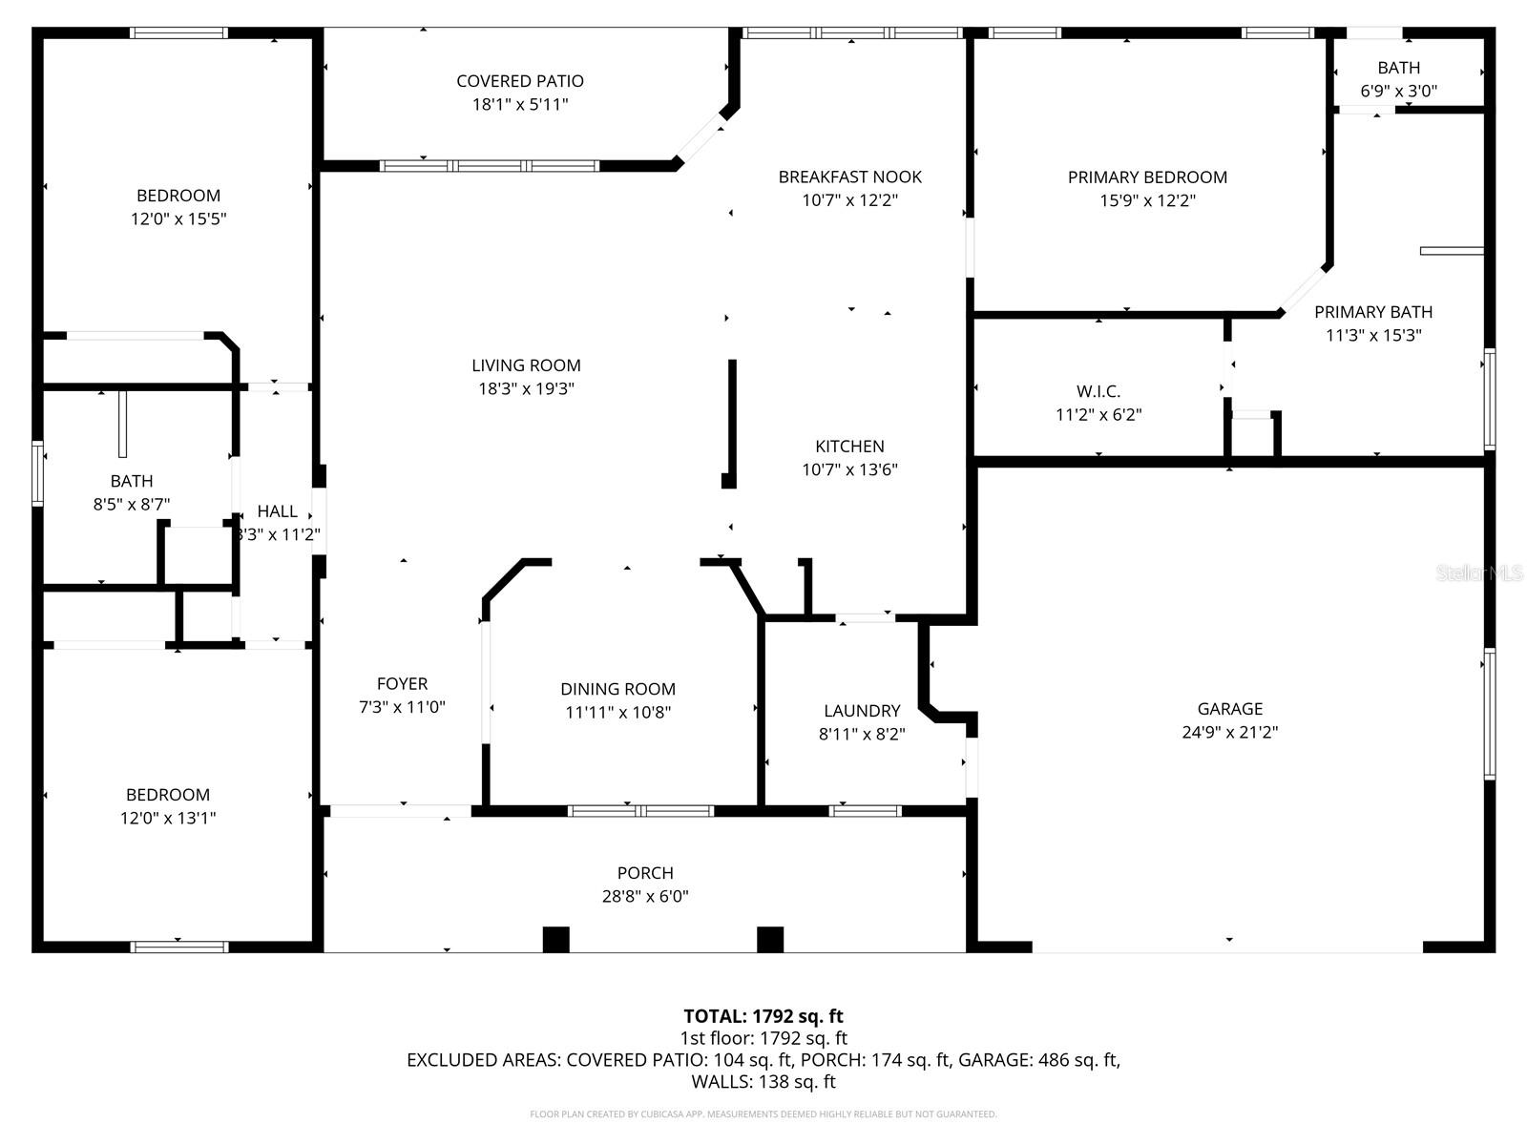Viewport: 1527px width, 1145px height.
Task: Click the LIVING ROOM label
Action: [x=526, y=365]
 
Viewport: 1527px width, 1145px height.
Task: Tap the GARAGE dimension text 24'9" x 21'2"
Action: [x=1229, y=733]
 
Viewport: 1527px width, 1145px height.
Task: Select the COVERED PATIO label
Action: [x=520, y=81]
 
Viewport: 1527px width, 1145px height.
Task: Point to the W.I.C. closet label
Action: [x=1098, y=391]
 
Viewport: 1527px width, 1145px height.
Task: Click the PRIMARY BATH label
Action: [x=1373, y=312]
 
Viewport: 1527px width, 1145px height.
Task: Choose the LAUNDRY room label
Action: [x=862, y=711]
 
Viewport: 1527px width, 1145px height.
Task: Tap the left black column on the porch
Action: [x=555, y=939]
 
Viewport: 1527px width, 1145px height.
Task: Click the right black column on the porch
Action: [x=770, y=939]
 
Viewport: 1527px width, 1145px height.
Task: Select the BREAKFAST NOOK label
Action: [x=849, y=177]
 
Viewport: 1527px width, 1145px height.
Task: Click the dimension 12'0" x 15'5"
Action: [x=178, y=219]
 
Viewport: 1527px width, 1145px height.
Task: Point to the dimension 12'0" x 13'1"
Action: [x=168, y=819]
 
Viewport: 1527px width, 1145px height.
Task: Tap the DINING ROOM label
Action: [x=617, y=689]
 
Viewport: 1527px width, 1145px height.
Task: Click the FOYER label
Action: [x=402, y=684]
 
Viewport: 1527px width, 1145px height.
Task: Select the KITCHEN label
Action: [x=849, y=447]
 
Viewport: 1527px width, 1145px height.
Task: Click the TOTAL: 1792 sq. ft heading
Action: [x=763, y=1016]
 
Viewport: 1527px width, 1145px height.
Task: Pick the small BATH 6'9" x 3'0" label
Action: [x=1398, y=68]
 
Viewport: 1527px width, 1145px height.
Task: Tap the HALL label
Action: [x=277, y=511]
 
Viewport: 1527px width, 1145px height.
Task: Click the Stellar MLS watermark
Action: [x=1478, y=573]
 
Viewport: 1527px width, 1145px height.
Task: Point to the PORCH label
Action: [x=645, y=873]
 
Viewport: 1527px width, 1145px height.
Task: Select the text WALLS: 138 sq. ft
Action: [x=763, y=1082]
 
